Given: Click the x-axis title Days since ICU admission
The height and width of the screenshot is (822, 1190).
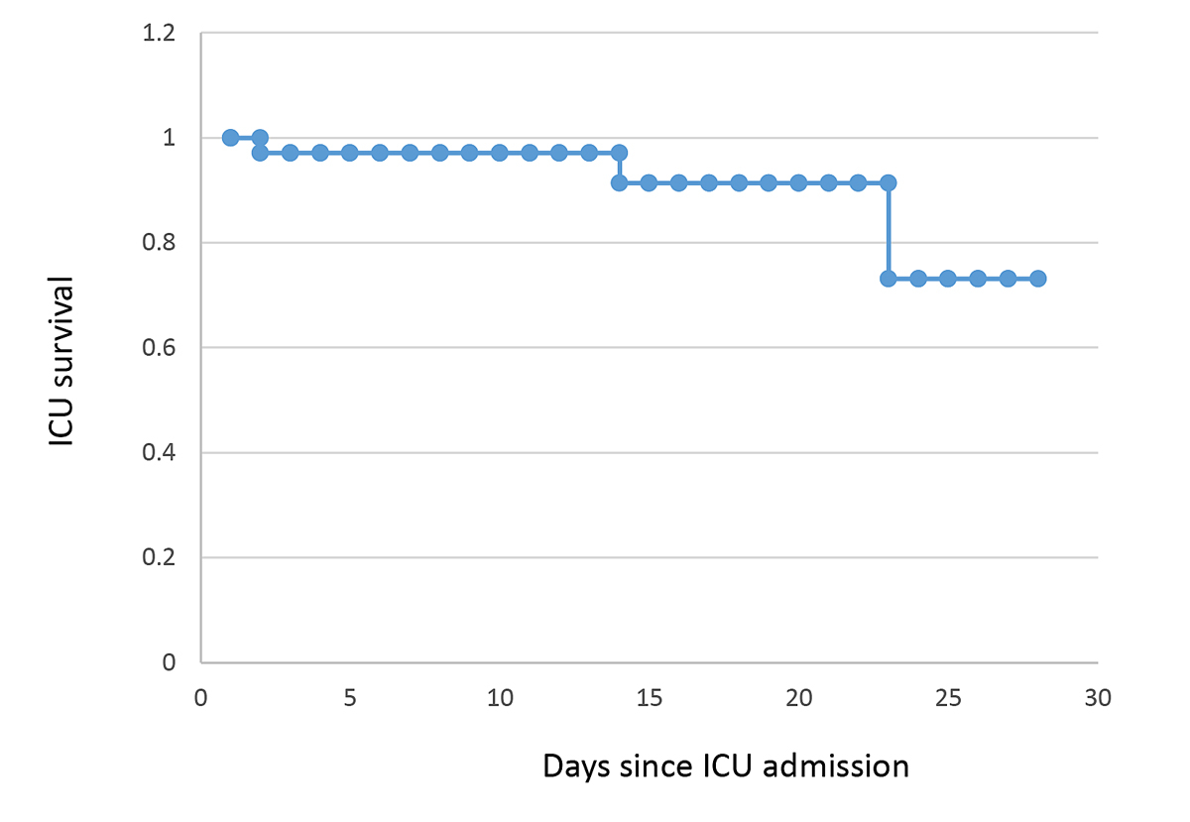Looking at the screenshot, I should click(726, 766).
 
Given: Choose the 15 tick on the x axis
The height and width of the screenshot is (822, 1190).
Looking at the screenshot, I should click(649, 698).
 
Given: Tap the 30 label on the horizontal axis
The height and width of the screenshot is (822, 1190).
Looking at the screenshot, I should click(1098, 698).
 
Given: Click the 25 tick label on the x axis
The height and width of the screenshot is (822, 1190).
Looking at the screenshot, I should click(948, 698).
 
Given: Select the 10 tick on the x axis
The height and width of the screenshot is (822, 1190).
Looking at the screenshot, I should click(500, 698).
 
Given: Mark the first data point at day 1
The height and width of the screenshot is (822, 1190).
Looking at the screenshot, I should click(230, 137).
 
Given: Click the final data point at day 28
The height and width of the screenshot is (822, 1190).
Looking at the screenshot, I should click(1038, 279).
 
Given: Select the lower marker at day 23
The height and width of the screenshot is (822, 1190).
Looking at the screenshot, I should click(889, 279).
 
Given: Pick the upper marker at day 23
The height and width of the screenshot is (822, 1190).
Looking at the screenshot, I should click(889, 182).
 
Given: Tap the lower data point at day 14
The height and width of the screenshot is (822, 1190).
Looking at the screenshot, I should click(619, 182).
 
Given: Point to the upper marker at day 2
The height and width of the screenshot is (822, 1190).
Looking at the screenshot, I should click(260, 137).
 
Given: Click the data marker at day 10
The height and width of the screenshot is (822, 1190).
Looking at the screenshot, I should click(500, 153).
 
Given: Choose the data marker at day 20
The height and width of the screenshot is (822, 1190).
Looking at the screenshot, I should click(798, 182).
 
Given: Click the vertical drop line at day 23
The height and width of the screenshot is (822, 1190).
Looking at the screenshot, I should click(889, 231).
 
